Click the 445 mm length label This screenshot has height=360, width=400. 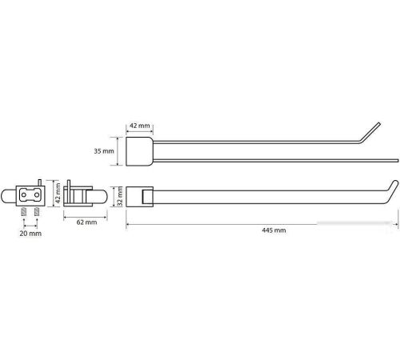[274, 230]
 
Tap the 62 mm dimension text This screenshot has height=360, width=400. [86, 222]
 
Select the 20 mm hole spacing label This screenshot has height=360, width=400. [30, 234]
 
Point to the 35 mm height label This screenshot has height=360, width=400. [104, 151]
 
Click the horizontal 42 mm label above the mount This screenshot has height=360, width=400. [140, 126]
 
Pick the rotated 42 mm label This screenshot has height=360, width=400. [58, 193]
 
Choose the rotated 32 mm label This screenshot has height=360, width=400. [120, 196]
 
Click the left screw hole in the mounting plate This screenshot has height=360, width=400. [24, 195]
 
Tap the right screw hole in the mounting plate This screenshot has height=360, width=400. [37, 195]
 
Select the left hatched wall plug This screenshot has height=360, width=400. [24, 212]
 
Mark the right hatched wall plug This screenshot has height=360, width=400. [37, 212]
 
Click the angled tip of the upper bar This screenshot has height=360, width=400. [379, 123]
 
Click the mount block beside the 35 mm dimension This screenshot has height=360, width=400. [139, 151]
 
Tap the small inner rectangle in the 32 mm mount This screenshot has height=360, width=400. [148, 197]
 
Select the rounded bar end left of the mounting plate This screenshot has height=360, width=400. [8, 196]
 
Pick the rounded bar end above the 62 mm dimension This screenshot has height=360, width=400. [99, 197]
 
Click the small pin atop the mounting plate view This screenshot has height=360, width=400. [40, 182]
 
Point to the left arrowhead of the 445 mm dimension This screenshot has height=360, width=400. [127, 225]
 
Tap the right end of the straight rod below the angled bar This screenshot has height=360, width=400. [398, 161]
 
